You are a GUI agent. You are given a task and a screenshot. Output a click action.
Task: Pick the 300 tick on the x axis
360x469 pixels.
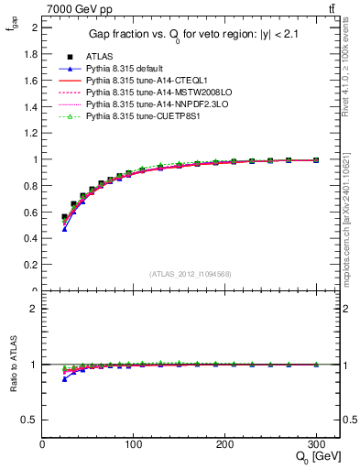[316, 444]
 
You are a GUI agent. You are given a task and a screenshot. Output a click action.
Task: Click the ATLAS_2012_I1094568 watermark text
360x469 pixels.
[189, 274]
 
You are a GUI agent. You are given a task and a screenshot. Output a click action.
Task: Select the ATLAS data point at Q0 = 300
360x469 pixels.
[316, 160]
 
